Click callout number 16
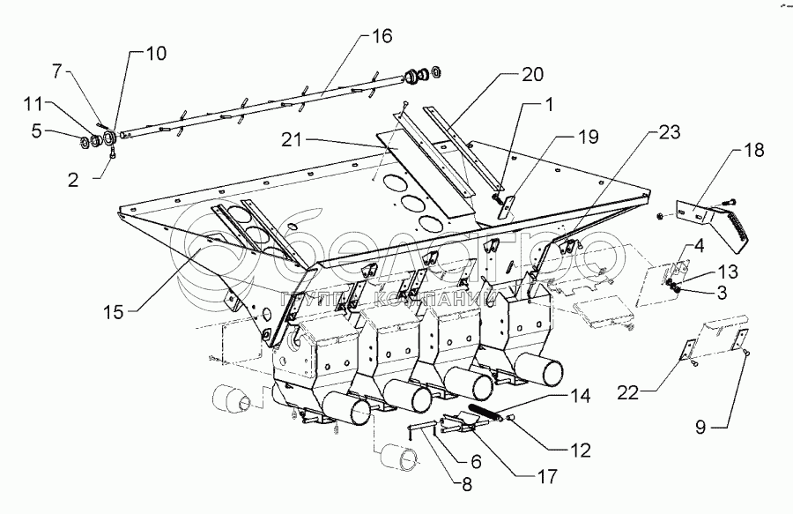click(382, 37)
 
